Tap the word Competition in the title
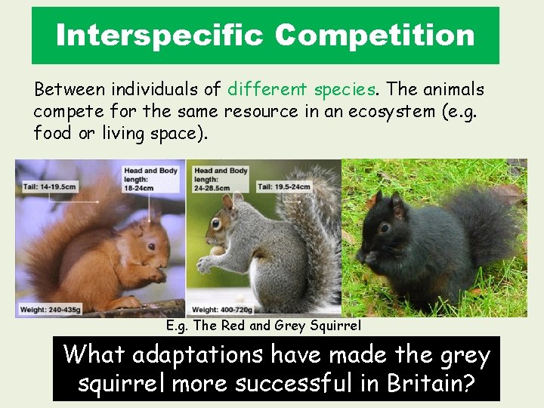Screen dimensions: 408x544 pyautogui.click(x=375, y=35)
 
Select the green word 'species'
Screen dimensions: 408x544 pyautogui.click(x=344, y=90)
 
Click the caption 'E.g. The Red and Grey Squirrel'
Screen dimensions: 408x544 pyautogui.click(x=264, y=326)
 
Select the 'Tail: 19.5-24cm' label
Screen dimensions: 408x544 pyautogui.click(x=283, y=186)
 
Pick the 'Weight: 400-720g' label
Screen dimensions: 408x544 pyautogui.click(x=223, y=310)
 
